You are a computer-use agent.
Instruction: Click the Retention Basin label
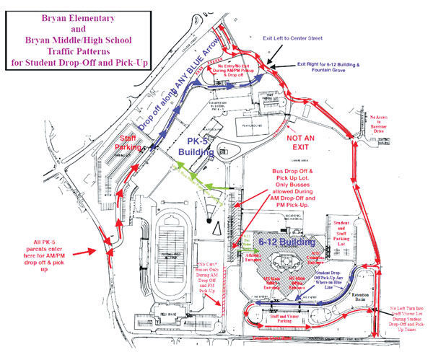tap(357, 297)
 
